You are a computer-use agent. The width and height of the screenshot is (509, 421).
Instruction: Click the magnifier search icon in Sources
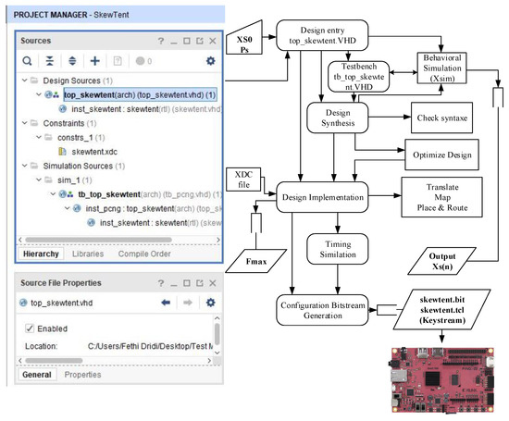[28, 60]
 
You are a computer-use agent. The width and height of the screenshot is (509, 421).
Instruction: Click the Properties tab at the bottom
[82, 374]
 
